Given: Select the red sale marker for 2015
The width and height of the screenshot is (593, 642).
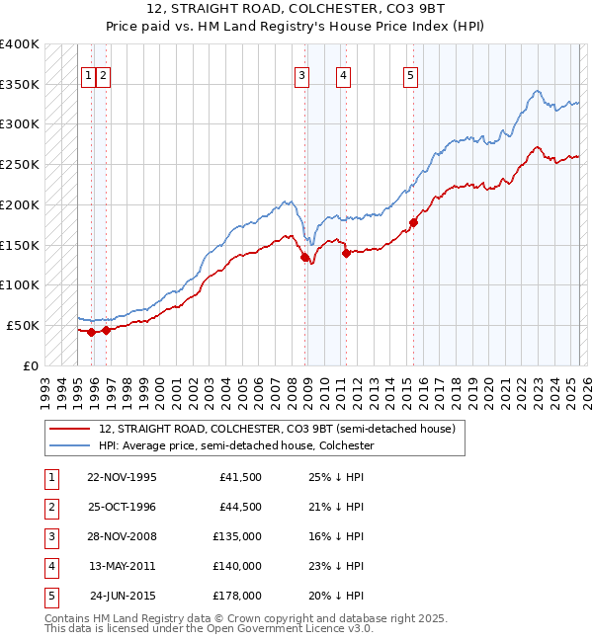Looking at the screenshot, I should pyautogui.click(x=413, y=222).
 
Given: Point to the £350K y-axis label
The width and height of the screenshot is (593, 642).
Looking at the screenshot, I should pyautogui.click(x=19, y=84).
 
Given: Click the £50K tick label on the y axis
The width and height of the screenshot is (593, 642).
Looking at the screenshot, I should pyautogui.click(x=23, y=325).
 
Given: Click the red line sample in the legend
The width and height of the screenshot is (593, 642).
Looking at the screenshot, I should pyautogui.click(x=68, y=430).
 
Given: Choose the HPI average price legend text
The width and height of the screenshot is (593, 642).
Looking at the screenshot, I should pyautogui.click(x=235, y=445).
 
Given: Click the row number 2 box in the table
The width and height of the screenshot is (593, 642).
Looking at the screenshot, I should pyautogui.click(x=50, y=507).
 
